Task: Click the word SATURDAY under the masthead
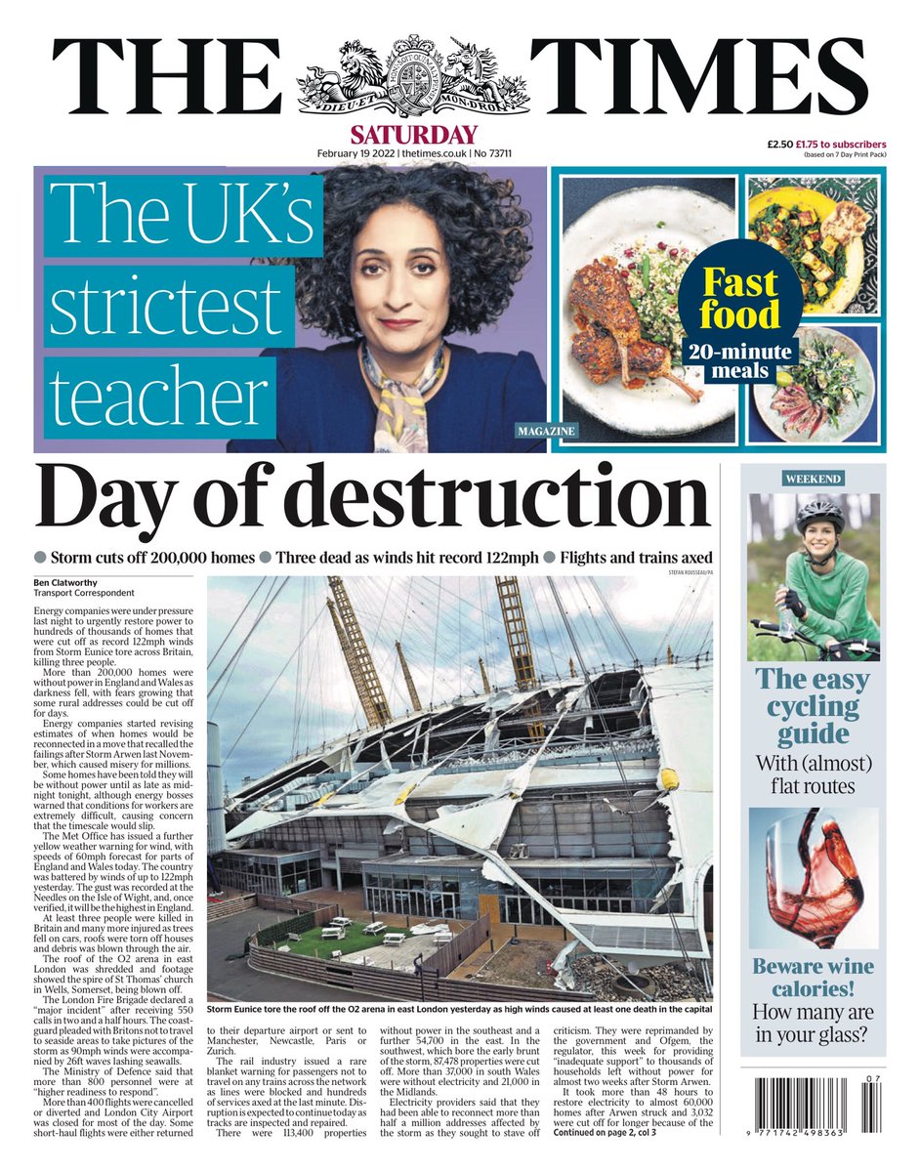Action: click(x=415, y=135)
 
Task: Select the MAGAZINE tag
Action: click(x=546, y=430)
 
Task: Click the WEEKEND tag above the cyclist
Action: click(x=813, y=479)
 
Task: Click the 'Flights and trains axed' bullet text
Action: click(x=637, y=557)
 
